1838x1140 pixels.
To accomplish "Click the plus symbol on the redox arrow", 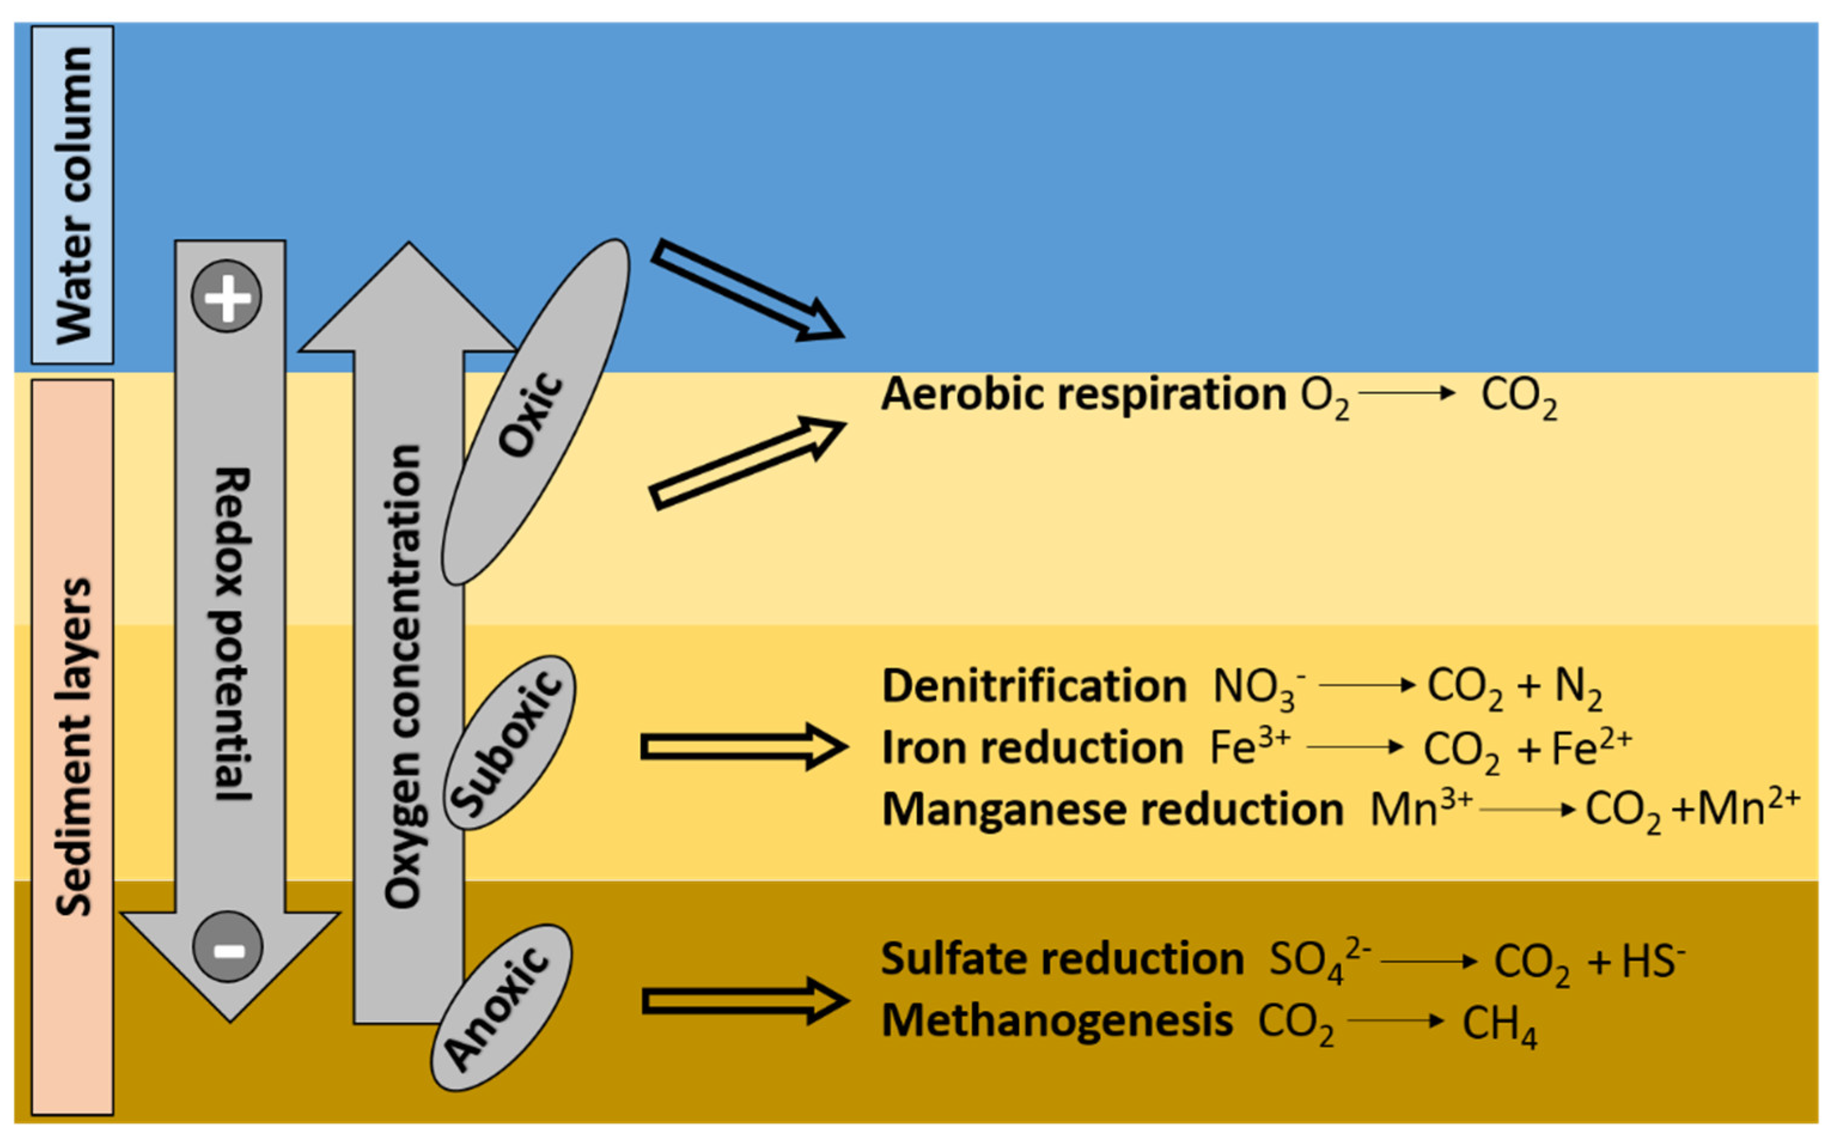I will (x=227, y=296).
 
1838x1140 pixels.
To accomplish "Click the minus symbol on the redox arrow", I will (x=228, y=947).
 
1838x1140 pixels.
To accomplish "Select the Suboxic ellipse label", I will (x=510, y=743).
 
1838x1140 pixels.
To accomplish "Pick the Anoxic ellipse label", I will (x=501, y=1007).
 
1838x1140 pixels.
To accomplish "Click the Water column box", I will (x=73, y=194).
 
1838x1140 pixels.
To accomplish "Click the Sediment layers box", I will (x=73, y=746).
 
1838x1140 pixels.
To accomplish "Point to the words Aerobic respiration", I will (x=1083, y=394).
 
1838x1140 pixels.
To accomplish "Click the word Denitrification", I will (x=1034, y=686).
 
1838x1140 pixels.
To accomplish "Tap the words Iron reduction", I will (x=1032, y=748).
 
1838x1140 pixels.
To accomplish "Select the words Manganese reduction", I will (x=1112, y=809).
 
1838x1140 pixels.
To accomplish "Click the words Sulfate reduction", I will (x=1062, y=959).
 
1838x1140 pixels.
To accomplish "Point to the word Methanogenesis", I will (x=1056, y=1021).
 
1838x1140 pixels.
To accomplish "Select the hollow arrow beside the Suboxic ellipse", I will (x=743, y=747).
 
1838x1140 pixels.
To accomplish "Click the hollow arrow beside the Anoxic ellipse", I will (x=745, y=1001).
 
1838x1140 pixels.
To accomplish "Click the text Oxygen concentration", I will (x=403, y=676).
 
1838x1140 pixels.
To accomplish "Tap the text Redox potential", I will (x=231, y=633).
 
